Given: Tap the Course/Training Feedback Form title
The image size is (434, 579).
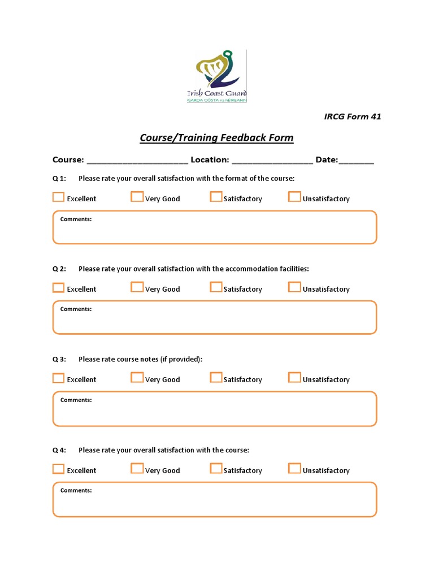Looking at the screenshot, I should [x=217, y=138].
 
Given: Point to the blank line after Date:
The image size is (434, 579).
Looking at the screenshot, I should [x=357, y=161].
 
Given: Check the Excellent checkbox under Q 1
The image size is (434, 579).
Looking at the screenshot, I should [x=58, y=197].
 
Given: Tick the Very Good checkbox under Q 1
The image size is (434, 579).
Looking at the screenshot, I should [x=137, y=197].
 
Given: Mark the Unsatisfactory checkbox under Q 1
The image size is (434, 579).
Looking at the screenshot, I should [x=294, y=197].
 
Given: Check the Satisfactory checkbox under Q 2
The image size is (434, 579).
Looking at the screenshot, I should [x=216, y=287].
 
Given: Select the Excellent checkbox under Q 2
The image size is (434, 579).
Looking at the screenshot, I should [x=58, y=288].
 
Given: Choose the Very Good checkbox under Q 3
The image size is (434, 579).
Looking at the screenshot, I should [x=137, y=378].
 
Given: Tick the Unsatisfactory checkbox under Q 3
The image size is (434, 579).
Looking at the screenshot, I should [x=294, y=378].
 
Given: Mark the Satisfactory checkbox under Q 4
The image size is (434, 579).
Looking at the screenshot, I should [x=216, y=469].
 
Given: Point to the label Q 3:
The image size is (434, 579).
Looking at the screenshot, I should [x=59, y=360].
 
